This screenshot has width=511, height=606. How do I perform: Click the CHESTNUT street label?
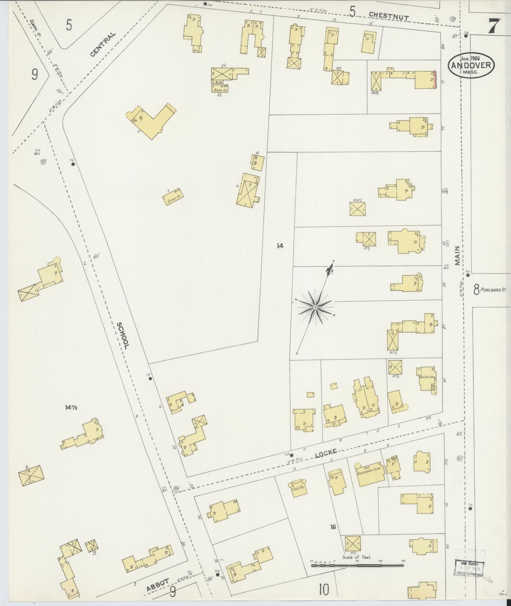point(389,16)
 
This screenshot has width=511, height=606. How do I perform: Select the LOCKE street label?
point(325,455)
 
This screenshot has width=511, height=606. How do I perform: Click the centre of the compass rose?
point(315,308)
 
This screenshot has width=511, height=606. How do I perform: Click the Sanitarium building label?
point(426,378)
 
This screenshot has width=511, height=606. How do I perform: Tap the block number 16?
point(333,527)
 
